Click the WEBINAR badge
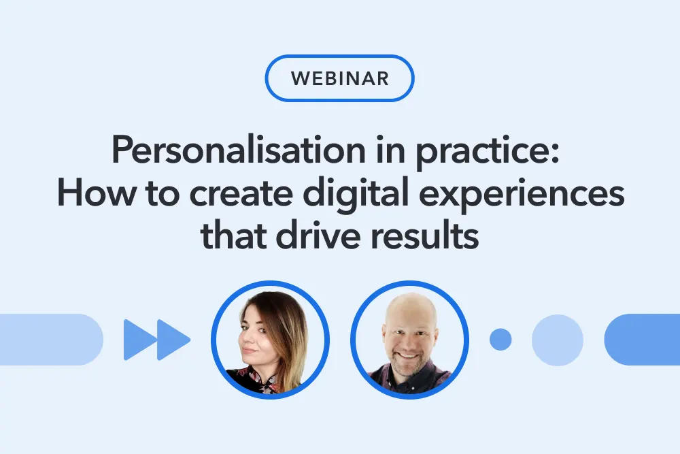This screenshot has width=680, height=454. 339,78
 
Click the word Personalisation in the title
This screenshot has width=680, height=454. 239,150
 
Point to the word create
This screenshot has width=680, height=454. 241,194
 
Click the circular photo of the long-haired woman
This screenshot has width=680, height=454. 270,340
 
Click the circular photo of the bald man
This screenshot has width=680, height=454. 409,340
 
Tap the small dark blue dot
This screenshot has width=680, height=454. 500,340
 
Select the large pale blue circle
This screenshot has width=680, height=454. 558,340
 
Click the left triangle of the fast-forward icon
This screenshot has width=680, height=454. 139,340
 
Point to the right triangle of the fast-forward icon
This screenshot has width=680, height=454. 173,340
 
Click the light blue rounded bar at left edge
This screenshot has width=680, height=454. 51,340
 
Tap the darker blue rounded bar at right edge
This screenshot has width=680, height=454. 643,340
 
